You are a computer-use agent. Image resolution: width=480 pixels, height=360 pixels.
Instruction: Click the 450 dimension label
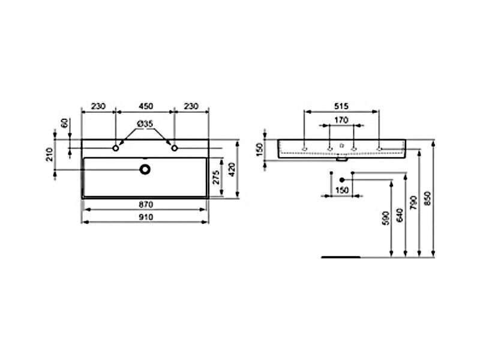click(146, 106)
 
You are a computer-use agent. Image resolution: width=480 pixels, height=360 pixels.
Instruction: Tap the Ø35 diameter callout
click(145, 124)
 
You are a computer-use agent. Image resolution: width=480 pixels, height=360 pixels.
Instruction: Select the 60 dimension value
click(65, 123)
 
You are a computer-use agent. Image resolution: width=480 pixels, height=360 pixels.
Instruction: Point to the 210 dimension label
click(50, 154)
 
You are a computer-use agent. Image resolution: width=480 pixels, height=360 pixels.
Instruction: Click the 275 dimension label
click(216, 177)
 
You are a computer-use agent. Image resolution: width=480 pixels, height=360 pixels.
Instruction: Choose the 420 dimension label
click(232, 169)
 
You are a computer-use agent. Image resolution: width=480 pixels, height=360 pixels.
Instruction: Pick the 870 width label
click(146, 204)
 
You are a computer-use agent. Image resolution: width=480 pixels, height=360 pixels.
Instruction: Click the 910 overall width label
click(146, 217)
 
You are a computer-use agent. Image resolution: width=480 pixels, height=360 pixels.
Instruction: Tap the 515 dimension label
click(341, 106)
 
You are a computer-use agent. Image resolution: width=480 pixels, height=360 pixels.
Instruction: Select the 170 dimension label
click(341, 120)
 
